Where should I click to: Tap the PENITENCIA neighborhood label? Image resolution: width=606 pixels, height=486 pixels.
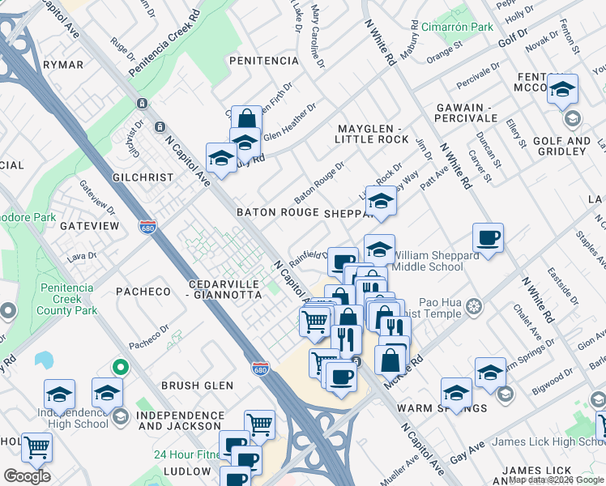pyautogui.click(x=264, y=61)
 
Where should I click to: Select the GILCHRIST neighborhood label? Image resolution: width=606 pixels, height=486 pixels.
pyautogui.click(x=143, y=177)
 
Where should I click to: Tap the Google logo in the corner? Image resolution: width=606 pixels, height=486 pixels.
pyautogui.click(x=27, y=476)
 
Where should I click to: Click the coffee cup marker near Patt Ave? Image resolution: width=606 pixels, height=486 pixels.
pyautogui.click(x=488, y=238)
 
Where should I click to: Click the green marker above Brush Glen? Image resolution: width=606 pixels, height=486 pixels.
pyautogui.click(x=121, y=367)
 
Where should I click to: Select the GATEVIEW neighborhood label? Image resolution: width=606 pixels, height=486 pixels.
pyautogui.click(x=89, y=226)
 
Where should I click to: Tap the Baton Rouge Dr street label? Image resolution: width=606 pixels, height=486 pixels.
pyautogui.click(x=319, y=182)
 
